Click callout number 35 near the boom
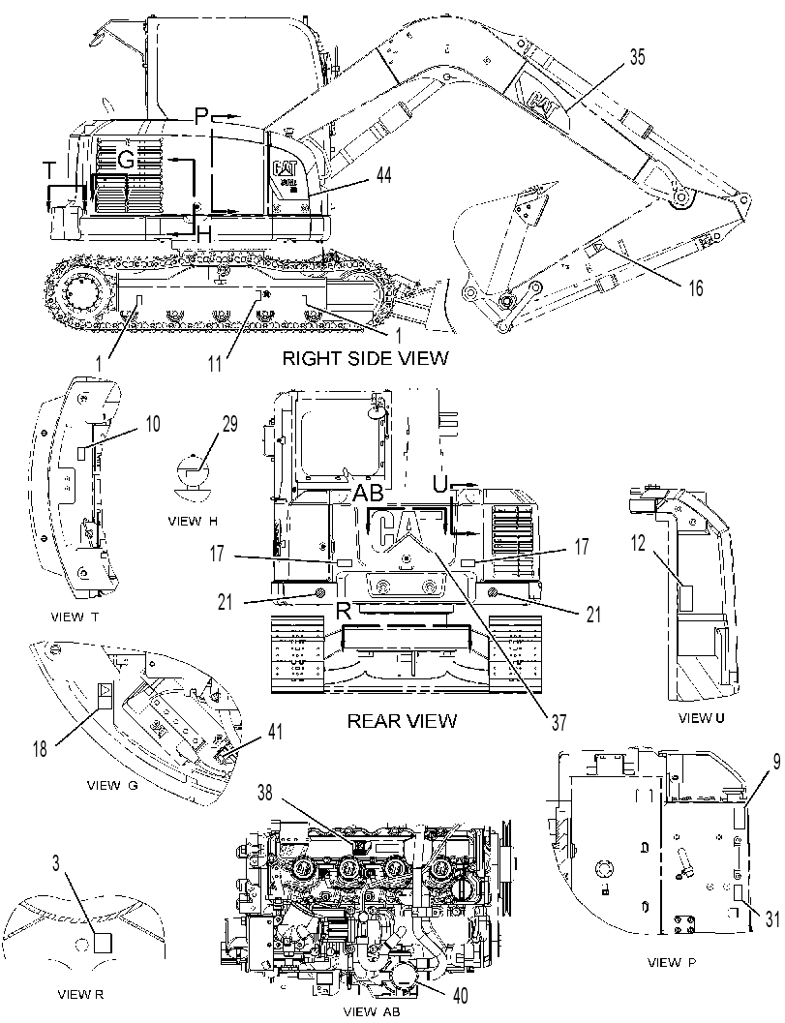(x=637, y=57)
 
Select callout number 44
(x=384, y=175)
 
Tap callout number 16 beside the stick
(x=696, y=287)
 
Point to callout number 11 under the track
(x=216, y=363)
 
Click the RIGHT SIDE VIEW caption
(x=366, y=357)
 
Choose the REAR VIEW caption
(x=402, y=720)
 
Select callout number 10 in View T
(x=152, y=424)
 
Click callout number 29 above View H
(x=229, y=424)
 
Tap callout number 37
(x=559, y=722)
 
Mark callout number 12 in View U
(x=638, y=542)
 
